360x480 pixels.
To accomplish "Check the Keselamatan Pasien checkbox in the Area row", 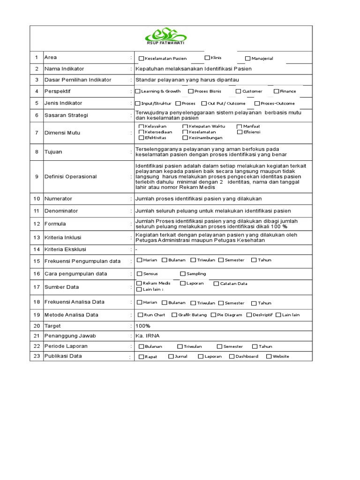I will [x=142, y=59].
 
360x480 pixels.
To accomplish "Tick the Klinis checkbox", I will [x=207, y=58].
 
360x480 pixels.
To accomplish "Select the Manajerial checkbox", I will [x=247, y=59].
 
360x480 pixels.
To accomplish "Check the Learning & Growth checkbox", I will [x=138, y=91].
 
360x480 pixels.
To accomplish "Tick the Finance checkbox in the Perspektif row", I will [x=277, y=91].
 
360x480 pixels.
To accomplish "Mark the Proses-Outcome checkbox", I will [x=257, y=104].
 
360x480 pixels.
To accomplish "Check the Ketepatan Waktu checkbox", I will [x=185, y=127].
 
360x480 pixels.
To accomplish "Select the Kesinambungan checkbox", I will [x=185, y=138].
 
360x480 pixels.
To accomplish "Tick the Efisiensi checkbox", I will [x=240, y=132].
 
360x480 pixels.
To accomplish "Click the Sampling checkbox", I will [x=183, y=274].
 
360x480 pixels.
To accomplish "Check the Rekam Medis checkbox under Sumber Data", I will [x=139, y=283].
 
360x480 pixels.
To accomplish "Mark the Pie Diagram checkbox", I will [x=214, y=315].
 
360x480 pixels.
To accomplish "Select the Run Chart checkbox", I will [x=141, y=315].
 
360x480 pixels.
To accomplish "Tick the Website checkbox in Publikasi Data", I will [x=269, y=356].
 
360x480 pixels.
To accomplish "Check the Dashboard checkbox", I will [x=232, y=356].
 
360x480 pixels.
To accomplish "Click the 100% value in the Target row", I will [x=142, y=326].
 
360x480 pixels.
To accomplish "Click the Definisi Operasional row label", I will [x=70, y=177].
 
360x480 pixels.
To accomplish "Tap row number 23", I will [x=37, y=356].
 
